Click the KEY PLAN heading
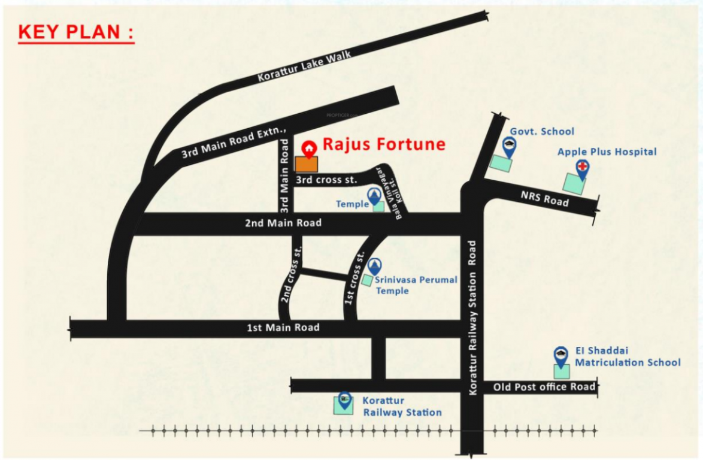click(76, 33)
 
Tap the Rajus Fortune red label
click(384, 144)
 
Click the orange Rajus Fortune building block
click(307, 165)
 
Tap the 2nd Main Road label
click(283, 223)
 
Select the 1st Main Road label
click(283, 328)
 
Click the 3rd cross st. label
click(326, 180)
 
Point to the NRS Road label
click(544, 198)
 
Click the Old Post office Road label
click(544, 387)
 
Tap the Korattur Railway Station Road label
click(472, 317)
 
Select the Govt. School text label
click(541, 132)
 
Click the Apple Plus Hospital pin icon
click(581, 168)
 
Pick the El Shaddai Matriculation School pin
click(560, 356)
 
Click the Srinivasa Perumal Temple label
click(416, 285)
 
